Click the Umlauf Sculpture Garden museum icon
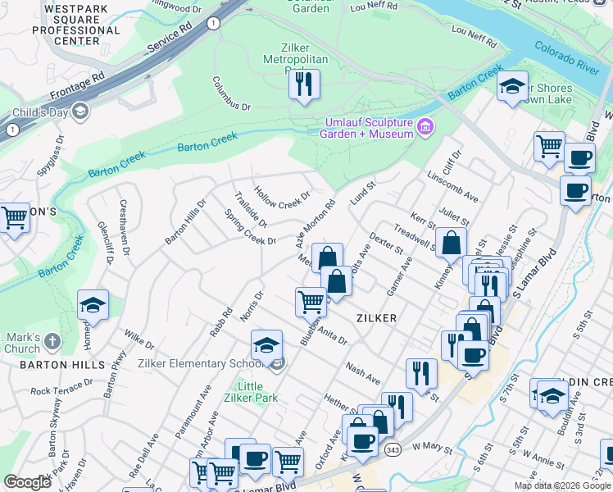(x=425, y=127)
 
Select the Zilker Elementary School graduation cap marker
(x=266, y=346)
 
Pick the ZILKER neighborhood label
(x=376, y=317)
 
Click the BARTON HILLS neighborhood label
(x=51, y=364)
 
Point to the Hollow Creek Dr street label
(x=282, y=197)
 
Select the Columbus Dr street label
(x=231, y=93)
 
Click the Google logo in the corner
(x=27, y=482)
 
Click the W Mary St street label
(x=432, y=447)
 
